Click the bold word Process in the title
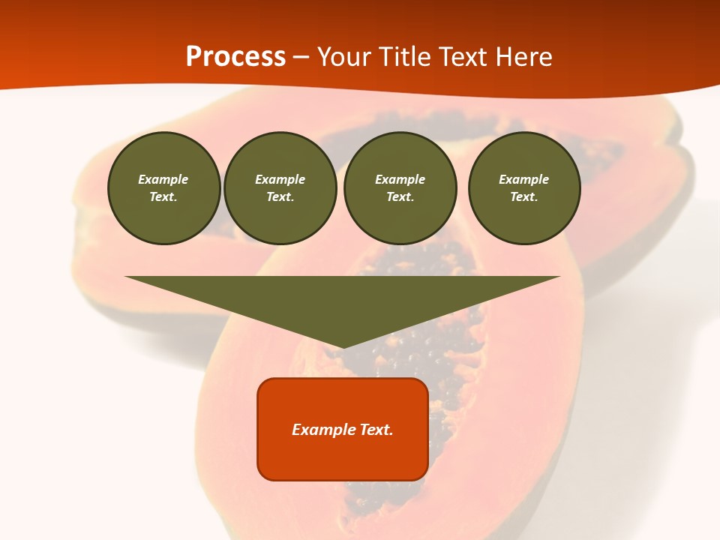pyautogui.click(x=235, y=57)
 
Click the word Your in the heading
pyautogui.click(x=344, y=57)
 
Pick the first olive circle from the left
pyautogui.click(x=163, y=188)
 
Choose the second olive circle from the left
pyautogui.click(x=280, y=188)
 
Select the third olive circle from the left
pyautogui.click(x=400, y=188)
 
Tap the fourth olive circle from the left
pyautogui.click(x=524, y=188)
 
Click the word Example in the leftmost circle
pyautogui.click(x=163, y=179)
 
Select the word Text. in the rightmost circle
pyautogui.click(x=524, y=197)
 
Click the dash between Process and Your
pyautogui.click(x=301, y=58)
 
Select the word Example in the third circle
pyautogui.click(x=400, y=179)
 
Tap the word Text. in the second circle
pyautogui.click(x=280, y=197)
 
